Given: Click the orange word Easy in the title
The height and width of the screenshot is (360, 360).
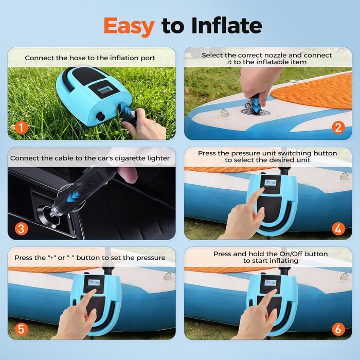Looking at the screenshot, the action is click(x=129, y=27).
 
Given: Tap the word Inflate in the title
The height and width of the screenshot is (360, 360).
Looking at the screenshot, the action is click(x=227, y=25).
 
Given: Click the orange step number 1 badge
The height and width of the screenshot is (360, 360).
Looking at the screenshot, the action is click(x=21, y=128).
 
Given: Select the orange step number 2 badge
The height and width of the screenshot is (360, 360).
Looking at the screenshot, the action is click(x=338, y=128).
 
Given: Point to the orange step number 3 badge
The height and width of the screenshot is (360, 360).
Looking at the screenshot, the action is click(x=21, y=229).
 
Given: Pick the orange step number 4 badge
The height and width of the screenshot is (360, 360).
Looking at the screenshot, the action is click(x=338, y=229).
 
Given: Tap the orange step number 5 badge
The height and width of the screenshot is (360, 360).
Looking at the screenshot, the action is click(x=21, y=330).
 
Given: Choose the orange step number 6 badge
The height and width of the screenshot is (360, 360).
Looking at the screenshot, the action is click(x=338, y=330).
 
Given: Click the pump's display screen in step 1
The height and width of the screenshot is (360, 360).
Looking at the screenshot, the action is click(x=105, y=89).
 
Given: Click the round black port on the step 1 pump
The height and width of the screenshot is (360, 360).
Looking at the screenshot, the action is click(x=100, y=116).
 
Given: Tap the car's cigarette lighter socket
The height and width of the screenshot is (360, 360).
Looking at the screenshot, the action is click(x=52, y=217).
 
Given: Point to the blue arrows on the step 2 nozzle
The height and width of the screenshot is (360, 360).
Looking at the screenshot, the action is click(x=256, y=105).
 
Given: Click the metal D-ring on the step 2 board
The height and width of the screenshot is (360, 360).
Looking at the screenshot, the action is click(x=225, y=113).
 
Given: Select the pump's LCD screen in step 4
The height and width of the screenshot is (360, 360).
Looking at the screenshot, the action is click(x=270, y=183).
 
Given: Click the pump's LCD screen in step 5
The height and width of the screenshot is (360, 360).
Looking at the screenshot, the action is click(x=94, y=283).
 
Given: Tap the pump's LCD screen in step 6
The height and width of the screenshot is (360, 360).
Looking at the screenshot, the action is click(x=270, y=283).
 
